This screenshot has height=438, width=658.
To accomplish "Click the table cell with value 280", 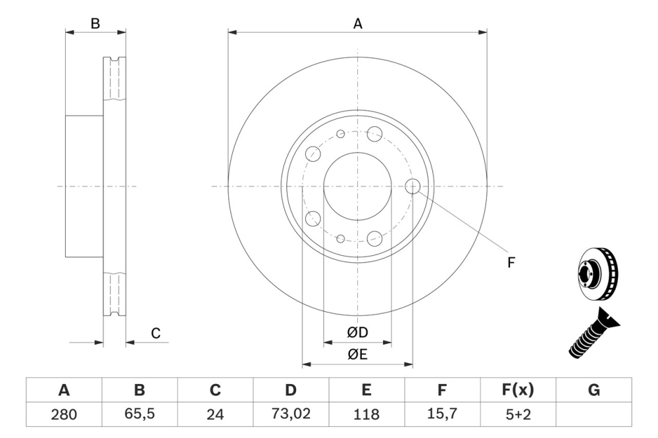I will tap(64, 414).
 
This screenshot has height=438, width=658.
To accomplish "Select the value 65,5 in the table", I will tap(139, 414).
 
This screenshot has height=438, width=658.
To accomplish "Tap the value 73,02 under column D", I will tap(291, 414).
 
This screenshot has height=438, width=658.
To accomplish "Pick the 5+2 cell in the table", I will tap(518, 414).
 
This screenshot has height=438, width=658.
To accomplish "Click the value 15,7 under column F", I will tap(442, 414).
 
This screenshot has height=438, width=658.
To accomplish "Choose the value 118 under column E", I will tap(367, 414).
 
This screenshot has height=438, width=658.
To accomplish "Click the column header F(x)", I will tap(518, 390).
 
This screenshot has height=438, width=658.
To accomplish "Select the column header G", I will tap(594, 390).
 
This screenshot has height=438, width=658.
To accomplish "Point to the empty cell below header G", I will tap(594, 414).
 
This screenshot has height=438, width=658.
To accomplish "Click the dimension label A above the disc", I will tap(358, 24).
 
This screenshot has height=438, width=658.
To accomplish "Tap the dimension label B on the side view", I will tap(95, 24).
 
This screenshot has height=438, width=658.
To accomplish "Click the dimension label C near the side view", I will tap(155, 333).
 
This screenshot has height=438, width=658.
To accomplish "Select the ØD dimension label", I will tap(357, 333).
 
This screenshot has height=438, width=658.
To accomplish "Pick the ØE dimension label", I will tap(357, 355).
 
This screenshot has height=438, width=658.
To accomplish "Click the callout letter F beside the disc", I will tap(511, 262).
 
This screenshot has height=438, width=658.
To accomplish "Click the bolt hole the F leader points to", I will tap(413, 186).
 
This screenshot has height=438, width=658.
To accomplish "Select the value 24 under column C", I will tap(215, 414).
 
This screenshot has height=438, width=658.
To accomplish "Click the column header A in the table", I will tap(64, 390).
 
